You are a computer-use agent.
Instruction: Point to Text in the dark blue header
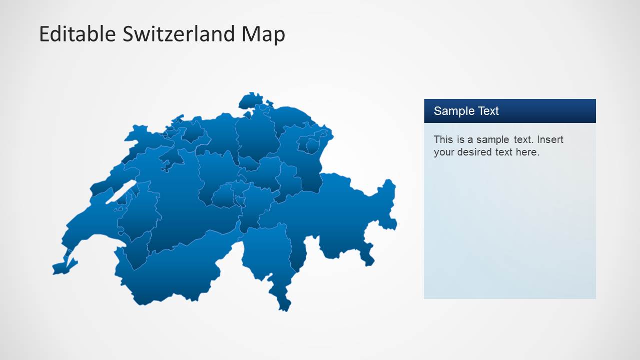(488, 111)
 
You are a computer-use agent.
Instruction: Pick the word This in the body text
(443, 139)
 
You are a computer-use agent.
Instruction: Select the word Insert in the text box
(550, 139)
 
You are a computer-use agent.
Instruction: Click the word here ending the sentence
(526, 152)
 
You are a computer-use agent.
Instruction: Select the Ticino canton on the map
(265, 255)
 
